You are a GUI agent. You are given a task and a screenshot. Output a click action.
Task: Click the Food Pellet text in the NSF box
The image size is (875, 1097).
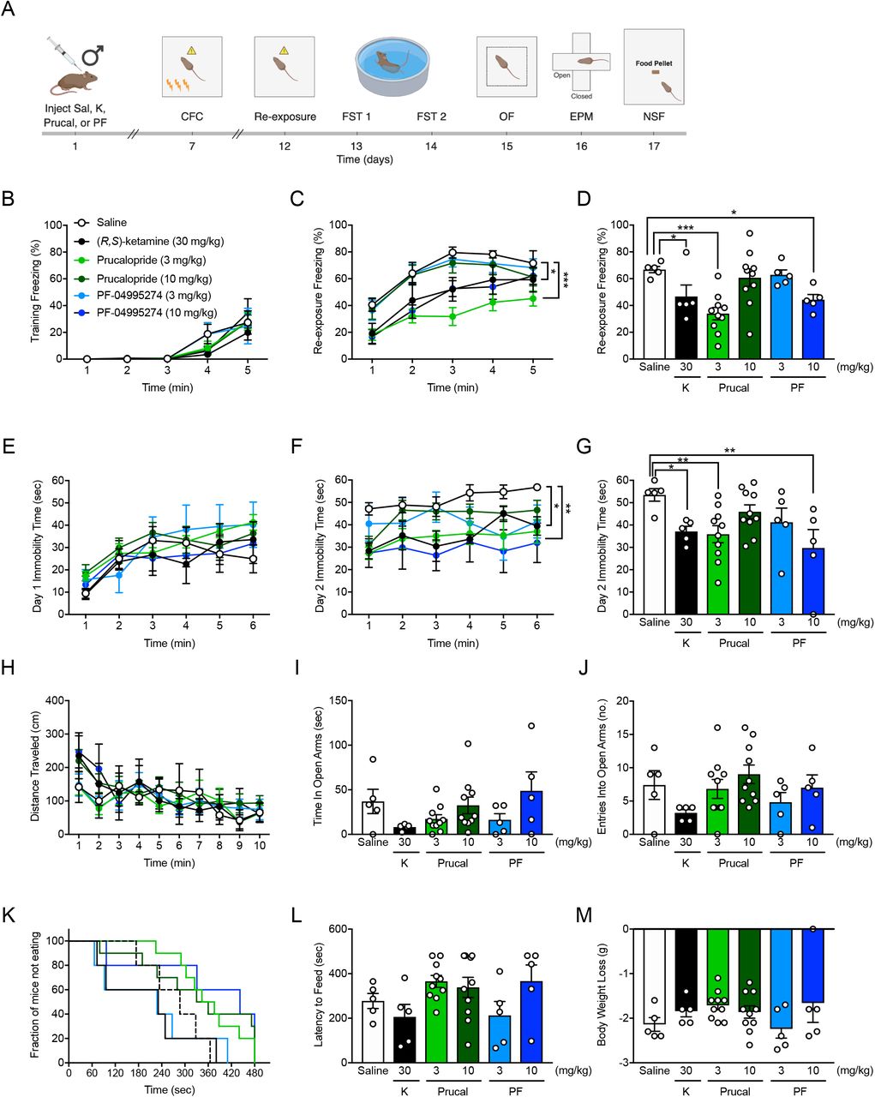(655, 63)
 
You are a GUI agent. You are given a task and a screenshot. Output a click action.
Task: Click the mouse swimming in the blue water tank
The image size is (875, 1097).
(392, 63)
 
